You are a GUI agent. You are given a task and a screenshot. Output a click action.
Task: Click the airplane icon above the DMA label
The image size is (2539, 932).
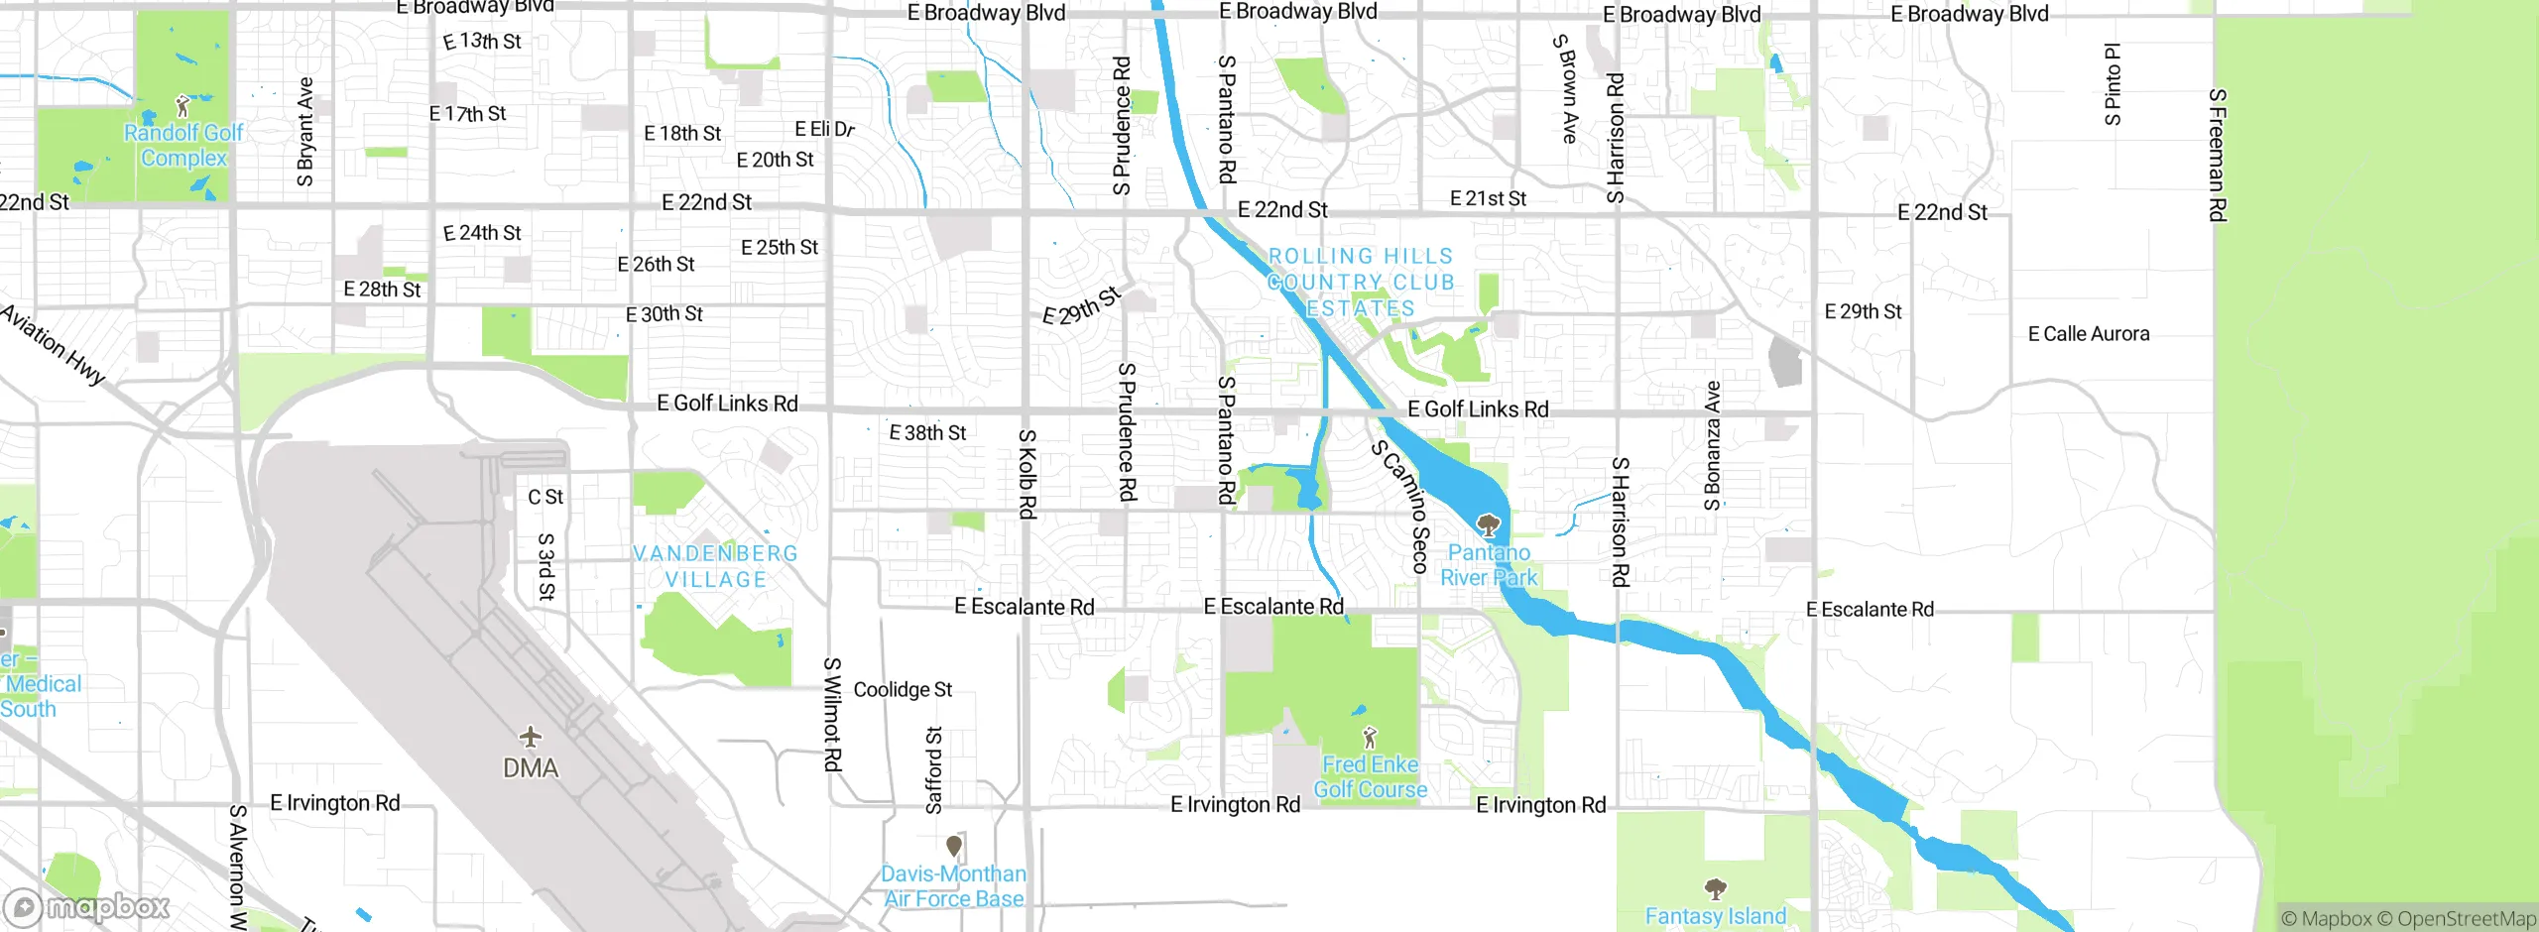pos(531,737)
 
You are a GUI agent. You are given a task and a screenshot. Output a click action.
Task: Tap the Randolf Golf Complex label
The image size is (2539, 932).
pos(183,145)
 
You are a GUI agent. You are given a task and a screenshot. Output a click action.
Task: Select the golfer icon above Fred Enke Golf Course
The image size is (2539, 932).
pos(1370,737)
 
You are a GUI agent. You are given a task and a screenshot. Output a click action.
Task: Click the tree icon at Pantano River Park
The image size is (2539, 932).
pos(1488,524)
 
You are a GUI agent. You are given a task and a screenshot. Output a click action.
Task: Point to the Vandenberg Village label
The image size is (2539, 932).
pos(715,566)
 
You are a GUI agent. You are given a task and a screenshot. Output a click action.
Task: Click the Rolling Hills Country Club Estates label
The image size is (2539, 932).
pos(1360,283)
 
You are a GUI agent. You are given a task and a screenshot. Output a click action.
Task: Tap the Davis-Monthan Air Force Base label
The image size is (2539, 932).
pos(954,885)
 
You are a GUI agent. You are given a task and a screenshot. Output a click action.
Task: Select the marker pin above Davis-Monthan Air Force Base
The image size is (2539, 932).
pos(954,846)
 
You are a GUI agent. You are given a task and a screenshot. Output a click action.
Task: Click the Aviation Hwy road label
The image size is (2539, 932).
pos(53,344)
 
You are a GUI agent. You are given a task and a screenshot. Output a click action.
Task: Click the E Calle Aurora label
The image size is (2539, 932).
pos(2089,334)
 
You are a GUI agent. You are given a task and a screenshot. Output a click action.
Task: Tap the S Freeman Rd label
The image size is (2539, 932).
pos(2218,155)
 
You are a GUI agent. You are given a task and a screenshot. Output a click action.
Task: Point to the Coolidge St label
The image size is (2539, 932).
pos(903,689)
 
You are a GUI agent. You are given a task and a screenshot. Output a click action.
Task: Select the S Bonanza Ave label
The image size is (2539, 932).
pos(1712,446)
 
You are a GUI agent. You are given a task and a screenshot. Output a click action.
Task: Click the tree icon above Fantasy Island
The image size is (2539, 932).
pos(1715,887)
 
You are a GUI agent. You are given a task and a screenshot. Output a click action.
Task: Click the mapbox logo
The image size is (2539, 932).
pos(87,906)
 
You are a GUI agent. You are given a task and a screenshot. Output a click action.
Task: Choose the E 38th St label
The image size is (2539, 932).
pos(927,432)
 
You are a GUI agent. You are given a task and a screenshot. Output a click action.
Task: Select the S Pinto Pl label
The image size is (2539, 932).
pos(2113,84)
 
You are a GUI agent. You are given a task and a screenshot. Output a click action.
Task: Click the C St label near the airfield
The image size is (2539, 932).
pos(545,497)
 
